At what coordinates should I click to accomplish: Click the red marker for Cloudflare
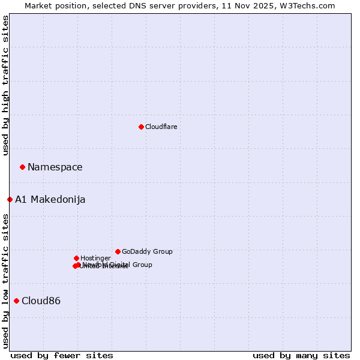141,127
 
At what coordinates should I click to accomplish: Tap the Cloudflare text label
161,127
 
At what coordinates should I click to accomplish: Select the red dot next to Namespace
22,167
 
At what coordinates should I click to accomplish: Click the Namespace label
55,167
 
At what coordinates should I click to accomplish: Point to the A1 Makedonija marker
10,199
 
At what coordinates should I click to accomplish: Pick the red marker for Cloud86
16,301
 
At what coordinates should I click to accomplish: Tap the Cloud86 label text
41,301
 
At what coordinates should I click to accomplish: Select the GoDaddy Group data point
118,251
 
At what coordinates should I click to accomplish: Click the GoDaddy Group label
147,251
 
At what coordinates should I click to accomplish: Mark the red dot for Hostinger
76,258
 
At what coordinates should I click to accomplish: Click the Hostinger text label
95,258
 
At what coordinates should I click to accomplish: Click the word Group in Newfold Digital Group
142,265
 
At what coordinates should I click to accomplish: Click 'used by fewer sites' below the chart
62,355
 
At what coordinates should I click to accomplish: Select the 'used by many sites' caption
301,355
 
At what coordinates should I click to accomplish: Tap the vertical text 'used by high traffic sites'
5,85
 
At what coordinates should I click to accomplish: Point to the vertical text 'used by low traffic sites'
5,281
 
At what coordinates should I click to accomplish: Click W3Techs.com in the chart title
310,5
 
